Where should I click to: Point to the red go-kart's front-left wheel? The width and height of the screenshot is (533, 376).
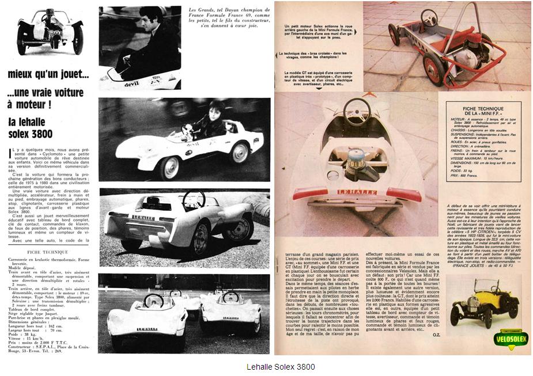(394, 35)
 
